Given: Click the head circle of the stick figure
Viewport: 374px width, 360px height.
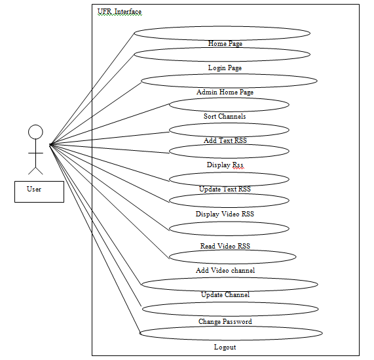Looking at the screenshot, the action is [x=35, y=125].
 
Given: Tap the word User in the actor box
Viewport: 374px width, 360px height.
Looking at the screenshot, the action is [x=34, y=189].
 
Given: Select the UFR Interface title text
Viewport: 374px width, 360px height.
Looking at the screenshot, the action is [x=119, y=11].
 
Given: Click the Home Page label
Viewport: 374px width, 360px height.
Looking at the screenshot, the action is [x=225, y=43].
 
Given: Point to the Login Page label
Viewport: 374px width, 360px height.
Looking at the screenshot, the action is [x=225, y=68].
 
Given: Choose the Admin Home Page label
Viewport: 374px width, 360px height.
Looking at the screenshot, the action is [x=225, y=92].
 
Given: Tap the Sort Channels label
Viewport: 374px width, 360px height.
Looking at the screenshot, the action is [x=225, y=116].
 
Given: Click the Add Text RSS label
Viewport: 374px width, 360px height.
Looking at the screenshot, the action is [x=225, y=140].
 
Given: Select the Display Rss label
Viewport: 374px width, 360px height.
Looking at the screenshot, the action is [x=225, y=165].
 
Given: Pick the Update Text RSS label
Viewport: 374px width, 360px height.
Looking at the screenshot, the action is [x=225, y=189].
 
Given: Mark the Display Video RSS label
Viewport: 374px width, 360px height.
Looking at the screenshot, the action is [x=225, y=214].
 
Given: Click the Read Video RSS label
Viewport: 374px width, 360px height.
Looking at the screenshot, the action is [x=225, y=246].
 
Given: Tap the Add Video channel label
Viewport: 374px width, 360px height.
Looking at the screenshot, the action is [x=225, y=270].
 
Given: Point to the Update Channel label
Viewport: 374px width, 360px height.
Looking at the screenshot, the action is [x=225, y=294].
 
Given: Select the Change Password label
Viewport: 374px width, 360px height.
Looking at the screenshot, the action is [x=225, y=321].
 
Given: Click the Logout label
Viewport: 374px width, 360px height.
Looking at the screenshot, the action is [x=225, y=347].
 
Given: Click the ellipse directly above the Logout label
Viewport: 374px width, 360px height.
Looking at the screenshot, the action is [x=231, y=327].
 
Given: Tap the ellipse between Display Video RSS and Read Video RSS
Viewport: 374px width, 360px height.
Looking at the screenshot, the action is [x=229, y=222].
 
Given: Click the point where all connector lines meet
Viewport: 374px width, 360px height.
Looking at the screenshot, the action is [x=50, y=144].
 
